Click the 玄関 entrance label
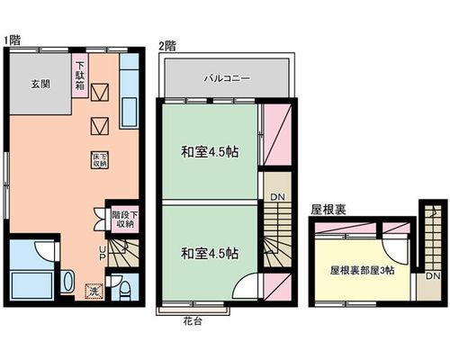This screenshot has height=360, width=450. click(40, 85)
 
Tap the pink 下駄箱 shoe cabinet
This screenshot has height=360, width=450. click(80, 76)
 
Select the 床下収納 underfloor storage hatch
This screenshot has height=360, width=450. click(100, 160)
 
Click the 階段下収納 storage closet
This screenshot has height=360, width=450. click(125, 220)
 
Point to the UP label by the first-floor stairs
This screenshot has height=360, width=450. click(103, 253)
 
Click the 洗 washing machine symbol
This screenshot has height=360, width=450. click(94, 291)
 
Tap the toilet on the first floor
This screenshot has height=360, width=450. click(124, 291)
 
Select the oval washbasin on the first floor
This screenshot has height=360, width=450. click(68, 282)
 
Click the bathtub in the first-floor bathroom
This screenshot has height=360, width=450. click(31, 285)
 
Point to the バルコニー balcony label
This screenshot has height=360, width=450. click(227, 78)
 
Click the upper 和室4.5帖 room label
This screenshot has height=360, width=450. click(210, 152)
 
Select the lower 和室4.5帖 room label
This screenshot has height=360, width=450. click(210, 254)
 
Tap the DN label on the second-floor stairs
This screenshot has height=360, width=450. click(277, 197)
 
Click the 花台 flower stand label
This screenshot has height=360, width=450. click(193, 321)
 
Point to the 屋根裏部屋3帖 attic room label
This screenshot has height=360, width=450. click(363, 271)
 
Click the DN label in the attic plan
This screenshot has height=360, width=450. click(433, 275)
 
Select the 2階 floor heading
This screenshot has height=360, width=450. click(167, 47)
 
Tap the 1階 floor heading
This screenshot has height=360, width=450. click(13, 40)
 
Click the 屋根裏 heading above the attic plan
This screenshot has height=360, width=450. click(328, 210)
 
